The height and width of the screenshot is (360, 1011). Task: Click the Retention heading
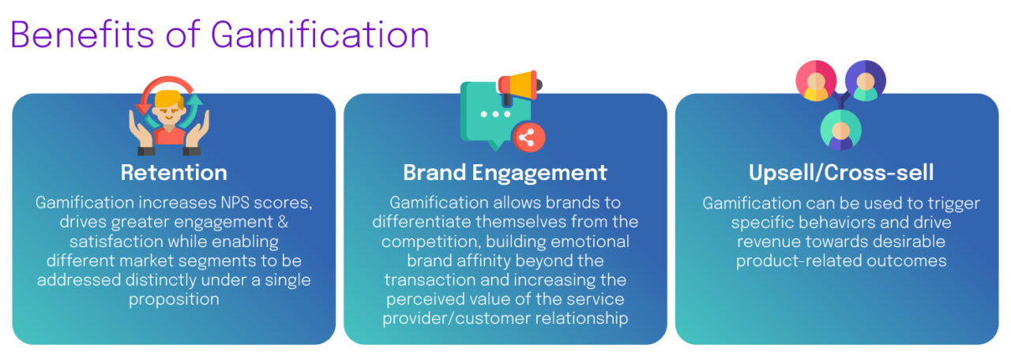coord(174,173)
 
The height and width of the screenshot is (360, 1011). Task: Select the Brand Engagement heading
coord(505,173)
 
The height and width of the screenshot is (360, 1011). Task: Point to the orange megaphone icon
coord(518,86)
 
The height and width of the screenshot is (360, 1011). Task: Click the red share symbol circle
coord(528,136)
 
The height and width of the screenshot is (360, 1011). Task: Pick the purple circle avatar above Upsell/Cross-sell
coord(866,81)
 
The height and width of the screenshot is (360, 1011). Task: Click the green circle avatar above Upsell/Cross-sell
coord(840,129)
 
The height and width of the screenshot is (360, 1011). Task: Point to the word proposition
coord(174,299)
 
